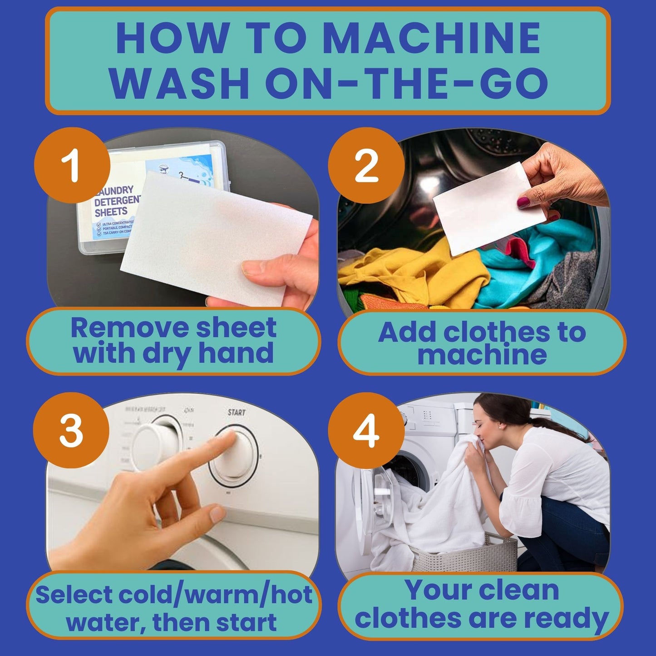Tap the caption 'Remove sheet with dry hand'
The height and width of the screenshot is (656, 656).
click(x=174, y=341)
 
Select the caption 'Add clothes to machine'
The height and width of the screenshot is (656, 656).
click(x=482, y=343)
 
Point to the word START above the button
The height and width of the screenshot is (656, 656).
click(x=236, y=412)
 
